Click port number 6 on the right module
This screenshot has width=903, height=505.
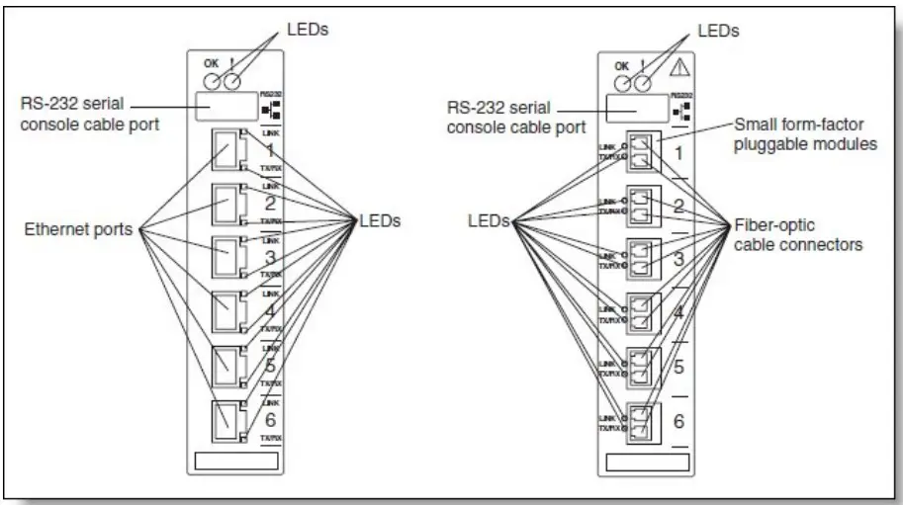pyautogui.click(x=677, y=420)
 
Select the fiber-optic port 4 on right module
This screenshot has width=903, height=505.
pyautogui.click(x=642, y=312)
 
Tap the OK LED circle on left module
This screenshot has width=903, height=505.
pyautogui.click(x=210, y=79)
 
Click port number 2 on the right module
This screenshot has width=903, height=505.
pyautogui.click(x=677, y=207)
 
